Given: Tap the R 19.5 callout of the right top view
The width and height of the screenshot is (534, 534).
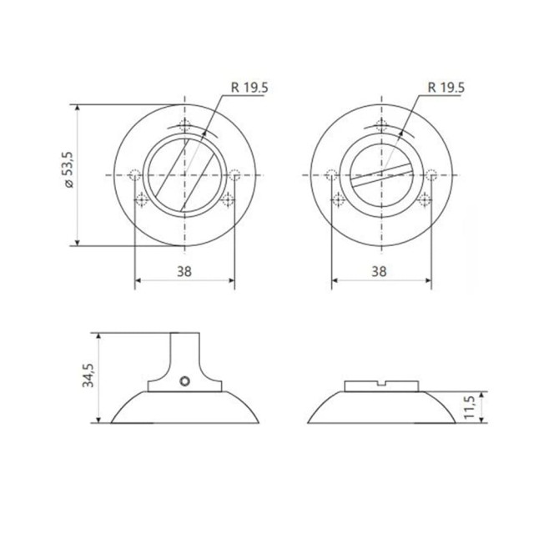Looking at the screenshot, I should [445, 86].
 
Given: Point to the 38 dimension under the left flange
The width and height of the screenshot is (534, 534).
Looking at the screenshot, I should [184, 271].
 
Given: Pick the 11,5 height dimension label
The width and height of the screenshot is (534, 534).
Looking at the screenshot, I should [471, 406].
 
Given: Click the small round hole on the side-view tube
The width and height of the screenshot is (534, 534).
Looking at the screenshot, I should [184, 381].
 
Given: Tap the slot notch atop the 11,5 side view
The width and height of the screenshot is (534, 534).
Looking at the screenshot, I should [381, 385].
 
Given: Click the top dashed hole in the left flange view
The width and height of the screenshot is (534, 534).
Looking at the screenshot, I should [184, 127].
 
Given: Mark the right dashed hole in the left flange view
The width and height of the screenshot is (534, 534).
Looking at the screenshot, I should [234, 175].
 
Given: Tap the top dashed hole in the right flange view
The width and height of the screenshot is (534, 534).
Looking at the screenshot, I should [381, 127].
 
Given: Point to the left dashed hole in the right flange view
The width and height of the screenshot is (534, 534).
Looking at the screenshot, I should [332, 175].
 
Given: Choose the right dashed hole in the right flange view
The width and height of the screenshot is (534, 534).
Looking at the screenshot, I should [431, 175].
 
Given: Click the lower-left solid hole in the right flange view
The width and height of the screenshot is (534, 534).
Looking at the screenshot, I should [338, 199].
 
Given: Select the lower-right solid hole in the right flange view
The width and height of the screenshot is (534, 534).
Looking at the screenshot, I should [426, 199].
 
